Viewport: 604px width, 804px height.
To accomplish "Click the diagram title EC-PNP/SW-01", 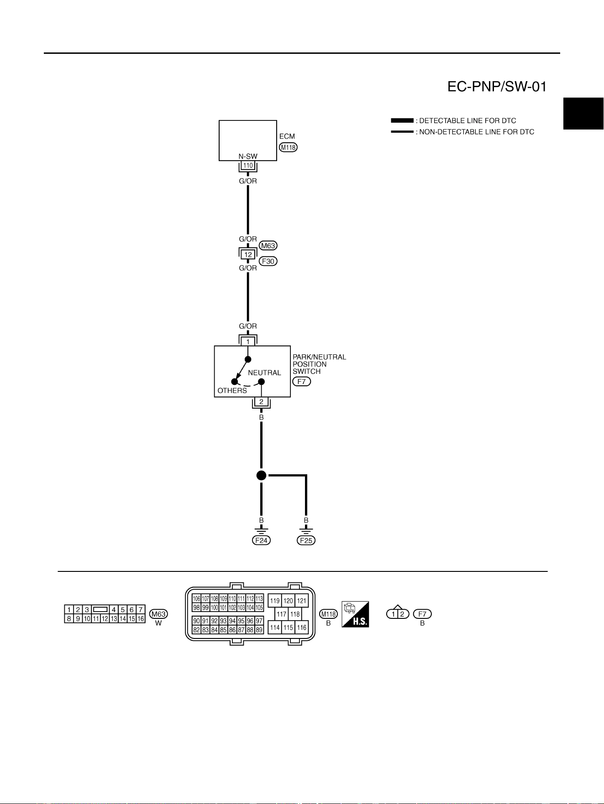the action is pos(497,87).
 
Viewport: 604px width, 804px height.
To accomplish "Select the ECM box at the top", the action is pos(248,140).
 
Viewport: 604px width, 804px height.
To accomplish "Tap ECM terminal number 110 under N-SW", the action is pos(248,166).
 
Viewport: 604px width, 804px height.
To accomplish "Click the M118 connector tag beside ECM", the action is pos(288,147).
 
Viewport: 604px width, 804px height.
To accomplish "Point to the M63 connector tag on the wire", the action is pos(268,245).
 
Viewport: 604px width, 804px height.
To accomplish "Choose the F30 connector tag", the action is pos(268,261).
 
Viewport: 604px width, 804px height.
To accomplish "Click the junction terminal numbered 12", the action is pos(248,254).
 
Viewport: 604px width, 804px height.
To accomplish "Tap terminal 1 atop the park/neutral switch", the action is pos(248,342).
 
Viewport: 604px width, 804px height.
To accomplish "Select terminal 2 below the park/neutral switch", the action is pos(261,402).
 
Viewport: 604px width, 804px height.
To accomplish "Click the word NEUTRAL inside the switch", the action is pos(264,373).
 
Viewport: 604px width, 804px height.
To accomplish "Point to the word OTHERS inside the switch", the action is pos(232,390).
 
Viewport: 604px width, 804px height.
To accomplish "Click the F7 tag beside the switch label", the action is pos(301,381).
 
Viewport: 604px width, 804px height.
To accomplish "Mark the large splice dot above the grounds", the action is pos(261,476).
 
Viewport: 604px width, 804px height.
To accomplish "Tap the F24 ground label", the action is pos(261,540).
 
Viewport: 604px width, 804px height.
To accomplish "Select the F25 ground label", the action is pos(306,540).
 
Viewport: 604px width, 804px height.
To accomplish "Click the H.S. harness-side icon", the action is pos(355,614).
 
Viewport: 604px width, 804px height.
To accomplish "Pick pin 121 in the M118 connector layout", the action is pos(302,601).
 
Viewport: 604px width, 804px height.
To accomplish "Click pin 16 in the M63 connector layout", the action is pos(141,619).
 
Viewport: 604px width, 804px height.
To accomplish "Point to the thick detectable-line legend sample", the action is pos(402,121).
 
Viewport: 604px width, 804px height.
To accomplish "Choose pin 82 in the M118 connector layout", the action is pos(196,630).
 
